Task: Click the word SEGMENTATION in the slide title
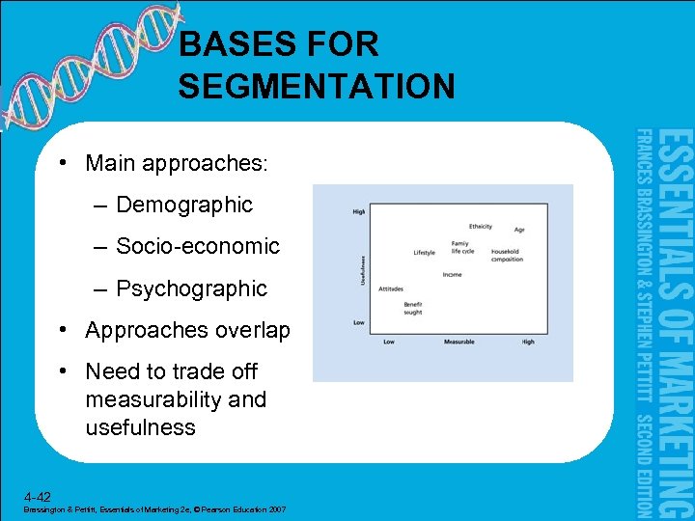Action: click(316, 87)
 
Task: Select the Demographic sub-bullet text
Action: click(183, 205)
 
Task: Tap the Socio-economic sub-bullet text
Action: click(197, 246)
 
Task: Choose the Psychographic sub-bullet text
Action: click(191, 288)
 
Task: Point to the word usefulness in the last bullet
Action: click(140, 427)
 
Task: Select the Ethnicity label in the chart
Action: click(480, 227)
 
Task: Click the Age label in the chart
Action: click(518, 230)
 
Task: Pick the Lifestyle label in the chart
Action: click(424, 253)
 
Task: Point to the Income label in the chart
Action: click(452, 274)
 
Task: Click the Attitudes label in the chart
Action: click(391, 288)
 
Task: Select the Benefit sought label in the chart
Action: click(413, 309)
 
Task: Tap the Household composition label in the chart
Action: click(507, 256)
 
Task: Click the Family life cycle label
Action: click(461, 247)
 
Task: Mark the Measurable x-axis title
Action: click(459, 342)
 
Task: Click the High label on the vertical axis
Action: click(359, 212)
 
